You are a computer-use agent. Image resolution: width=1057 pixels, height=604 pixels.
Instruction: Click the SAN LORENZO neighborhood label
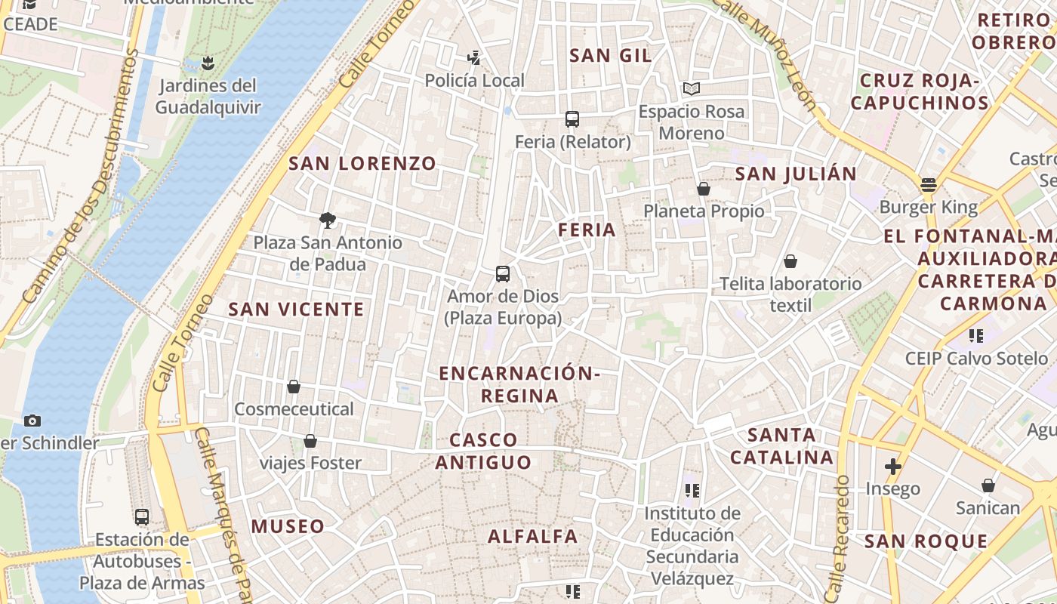[x=362, y=163]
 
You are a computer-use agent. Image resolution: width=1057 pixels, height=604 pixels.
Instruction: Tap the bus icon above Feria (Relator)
[x=572, y=119]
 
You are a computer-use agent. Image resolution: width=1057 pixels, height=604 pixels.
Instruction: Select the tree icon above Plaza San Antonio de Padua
[x=328, y=220]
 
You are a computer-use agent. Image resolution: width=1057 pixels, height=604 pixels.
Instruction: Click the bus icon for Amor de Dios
[x=503, y=274]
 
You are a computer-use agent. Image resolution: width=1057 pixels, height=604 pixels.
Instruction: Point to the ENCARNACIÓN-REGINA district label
[x=520, y=384]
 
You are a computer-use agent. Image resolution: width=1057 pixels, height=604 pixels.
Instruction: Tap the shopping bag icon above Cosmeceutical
[x=294, y=387]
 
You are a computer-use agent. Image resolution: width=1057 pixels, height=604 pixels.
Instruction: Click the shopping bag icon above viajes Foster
[x=310, y=441]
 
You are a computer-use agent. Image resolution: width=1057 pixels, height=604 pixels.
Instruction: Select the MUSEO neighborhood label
[x=288, y=526]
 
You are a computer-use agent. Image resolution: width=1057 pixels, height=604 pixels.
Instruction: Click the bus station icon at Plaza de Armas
[x=142, y=517]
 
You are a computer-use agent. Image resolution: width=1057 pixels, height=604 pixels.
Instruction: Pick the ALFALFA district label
[x=533, y=537]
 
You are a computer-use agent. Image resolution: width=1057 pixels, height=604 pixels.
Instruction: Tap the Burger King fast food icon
[x=929, y=185]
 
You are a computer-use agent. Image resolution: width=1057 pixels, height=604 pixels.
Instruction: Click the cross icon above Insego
[x=893, y=467]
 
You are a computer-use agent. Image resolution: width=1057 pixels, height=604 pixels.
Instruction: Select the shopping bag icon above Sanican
[x=988, y=485]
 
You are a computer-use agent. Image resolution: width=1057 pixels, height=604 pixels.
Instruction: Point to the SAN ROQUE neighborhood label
[x=926, y=541]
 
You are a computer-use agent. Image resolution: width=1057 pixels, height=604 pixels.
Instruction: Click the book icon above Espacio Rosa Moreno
[x=692, y=89]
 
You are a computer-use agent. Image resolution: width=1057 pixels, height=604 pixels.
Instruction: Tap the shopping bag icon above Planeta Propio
[x=704, y=189]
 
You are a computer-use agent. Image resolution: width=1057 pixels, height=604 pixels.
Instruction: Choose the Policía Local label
[x=474, y=80]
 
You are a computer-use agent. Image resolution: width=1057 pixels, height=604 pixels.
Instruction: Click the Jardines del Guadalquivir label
[x=208, y=97]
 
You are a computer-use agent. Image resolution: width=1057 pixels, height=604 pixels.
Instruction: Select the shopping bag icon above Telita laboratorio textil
[x=790, y=262]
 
